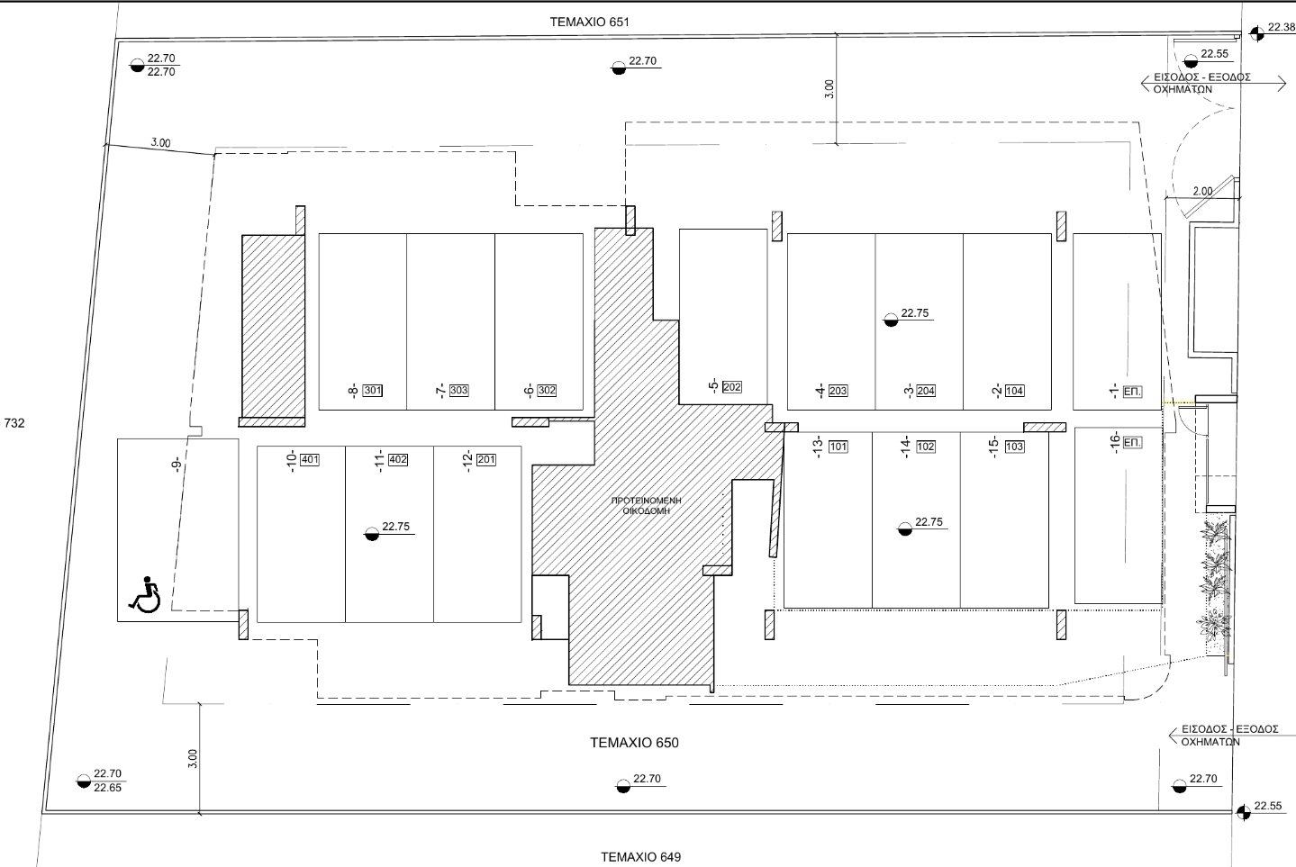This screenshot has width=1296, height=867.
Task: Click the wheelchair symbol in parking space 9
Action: click(x=144, y=594)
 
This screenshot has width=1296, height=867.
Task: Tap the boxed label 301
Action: click(x=373, y=391)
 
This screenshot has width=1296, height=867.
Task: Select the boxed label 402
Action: click(x=397, y=460)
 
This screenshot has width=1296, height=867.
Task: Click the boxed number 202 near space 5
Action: click(x=731, y=387)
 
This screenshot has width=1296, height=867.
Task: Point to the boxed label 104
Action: click(x=1014, y=391)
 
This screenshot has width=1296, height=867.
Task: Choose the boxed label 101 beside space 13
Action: click(x=838, y=447)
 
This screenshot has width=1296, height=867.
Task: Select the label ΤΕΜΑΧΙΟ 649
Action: click(x=640, y=856)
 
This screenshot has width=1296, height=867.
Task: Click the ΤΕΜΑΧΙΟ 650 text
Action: click(x=634, y=743)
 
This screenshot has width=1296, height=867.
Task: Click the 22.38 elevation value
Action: click(x=1280, y=28)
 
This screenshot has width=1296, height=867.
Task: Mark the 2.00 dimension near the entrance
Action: click(x=1202, y=191)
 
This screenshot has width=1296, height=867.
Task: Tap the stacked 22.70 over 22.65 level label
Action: click(x=107, y=780)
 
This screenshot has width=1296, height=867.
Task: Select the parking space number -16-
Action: click(x=1114, y=444)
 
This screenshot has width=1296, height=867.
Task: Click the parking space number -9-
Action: click(x=177, y=465)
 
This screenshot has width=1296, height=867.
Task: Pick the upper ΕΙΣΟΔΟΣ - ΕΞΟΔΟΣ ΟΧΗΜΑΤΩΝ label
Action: click(x=1202, y=83)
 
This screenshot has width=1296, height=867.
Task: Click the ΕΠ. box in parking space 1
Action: click(x=1133, y=392)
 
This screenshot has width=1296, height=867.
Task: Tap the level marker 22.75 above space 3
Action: click(x=914, y=313)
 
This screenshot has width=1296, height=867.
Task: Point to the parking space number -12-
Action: click(x=467, y=460)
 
